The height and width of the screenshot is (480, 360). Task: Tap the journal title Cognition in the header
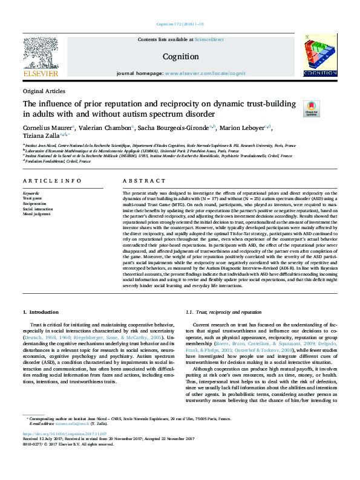180,57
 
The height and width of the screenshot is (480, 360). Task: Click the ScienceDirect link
209,39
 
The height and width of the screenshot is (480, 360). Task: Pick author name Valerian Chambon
103,128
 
